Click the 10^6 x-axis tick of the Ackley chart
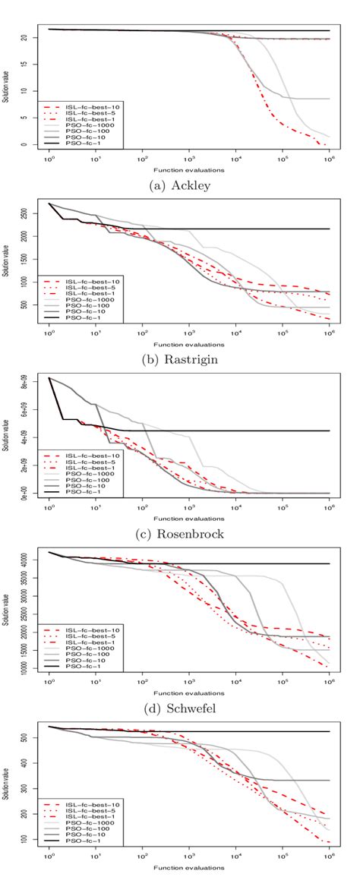coord(330,161)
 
